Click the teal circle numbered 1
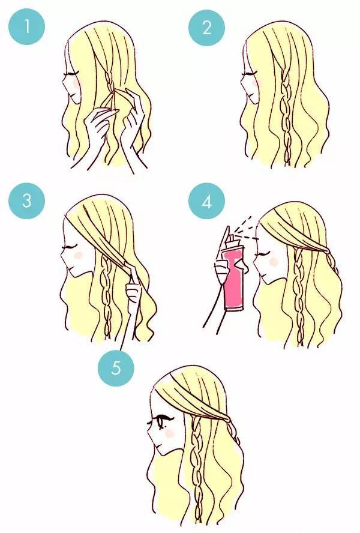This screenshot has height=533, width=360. [27, 26]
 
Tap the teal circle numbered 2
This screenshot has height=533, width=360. [206, 27]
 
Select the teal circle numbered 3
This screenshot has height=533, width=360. [27, 200]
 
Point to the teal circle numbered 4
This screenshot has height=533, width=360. [206, 201]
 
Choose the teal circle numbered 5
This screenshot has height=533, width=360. [116, 368]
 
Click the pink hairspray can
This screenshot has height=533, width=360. [233, 279]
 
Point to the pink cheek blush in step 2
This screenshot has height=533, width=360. [257, 81]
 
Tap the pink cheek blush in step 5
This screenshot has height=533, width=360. [169, 433]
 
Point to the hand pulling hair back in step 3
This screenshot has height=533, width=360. [134, 289]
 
